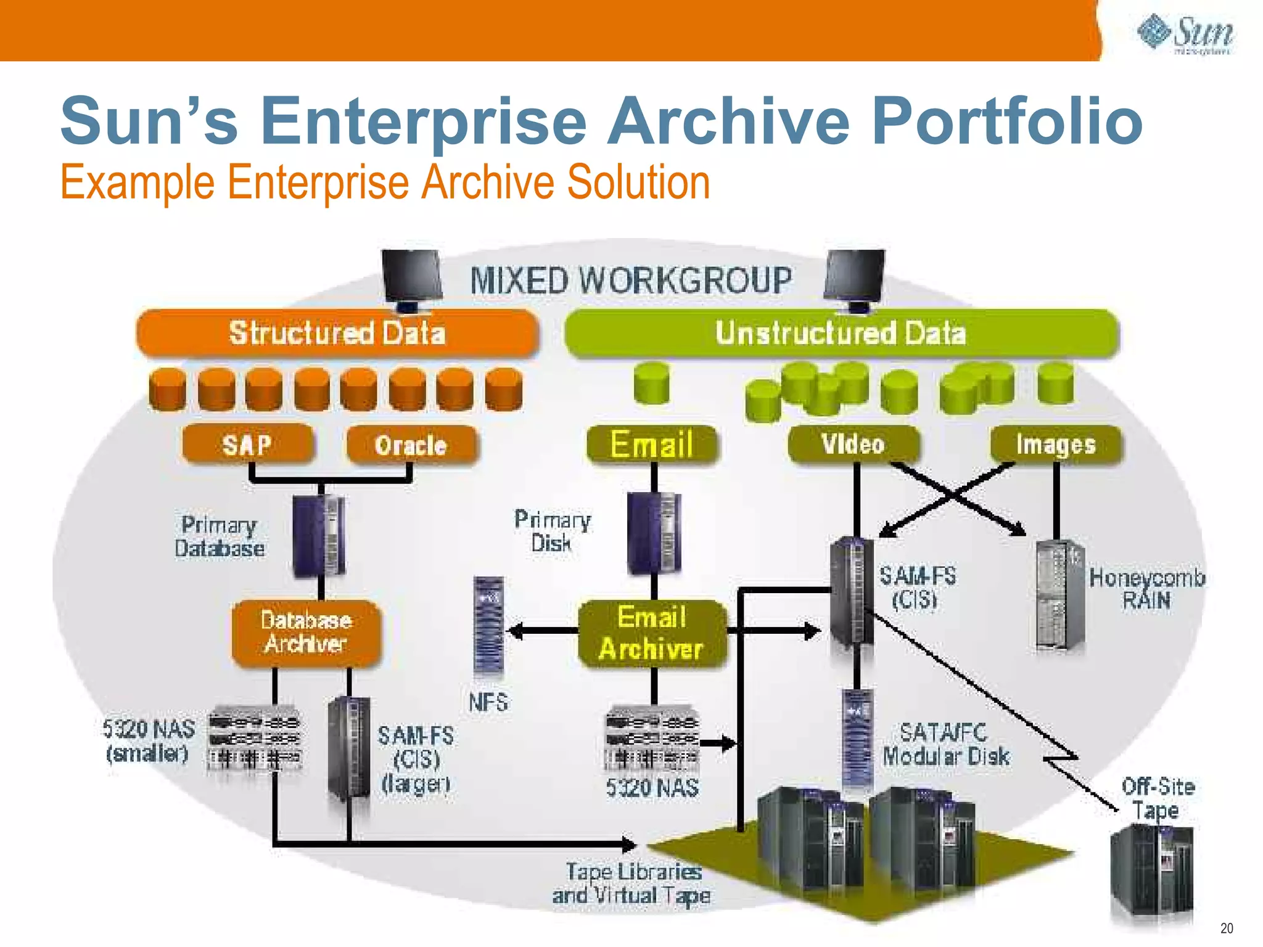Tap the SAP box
(248, 444)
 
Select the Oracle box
(411, 445)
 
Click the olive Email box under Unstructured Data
(652, 444)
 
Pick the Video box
(854, 444)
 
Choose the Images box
(1056, 444)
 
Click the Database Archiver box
(306, 633)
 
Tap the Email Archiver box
(652, 634)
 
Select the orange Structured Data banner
(337, 333)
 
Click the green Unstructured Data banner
(841, 333)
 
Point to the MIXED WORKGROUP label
(631, 281)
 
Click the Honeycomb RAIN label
(1146, 589)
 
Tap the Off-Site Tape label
(1158, 798)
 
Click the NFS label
(488, 702)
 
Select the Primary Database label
(220, 536)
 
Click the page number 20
(1227, 928)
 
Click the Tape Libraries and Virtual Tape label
(631, 883)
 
